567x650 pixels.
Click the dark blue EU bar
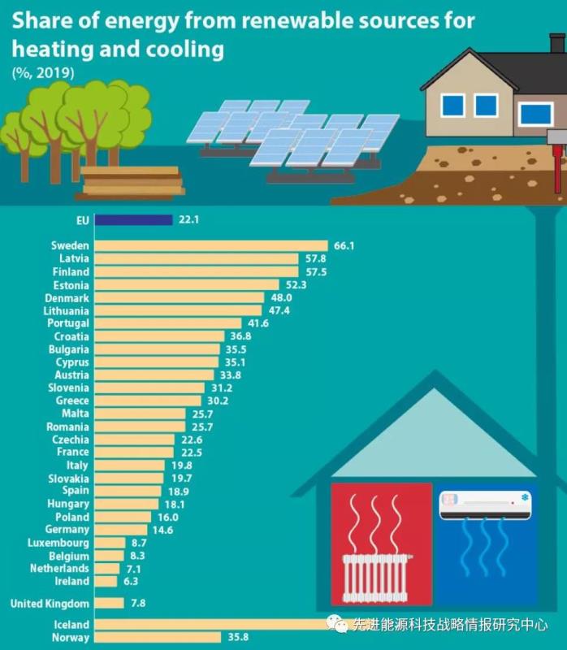point(133,219)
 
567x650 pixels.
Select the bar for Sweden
point(210,245)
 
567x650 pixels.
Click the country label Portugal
point(68,323)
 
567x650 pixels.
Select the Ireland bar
point(106,582)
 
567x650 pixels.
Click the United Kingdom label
point(50,603)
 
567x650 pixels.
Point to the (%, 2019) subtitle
point(43,73)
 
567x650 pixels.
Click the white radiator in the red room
point(374,577)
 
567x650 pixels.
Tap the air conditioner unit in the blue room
point(485,504)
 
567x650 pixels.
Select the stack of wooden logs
point(130,182)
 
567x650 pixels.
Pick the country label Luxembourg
point(58,543)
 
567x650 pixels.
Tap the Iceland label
point(71,625)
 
